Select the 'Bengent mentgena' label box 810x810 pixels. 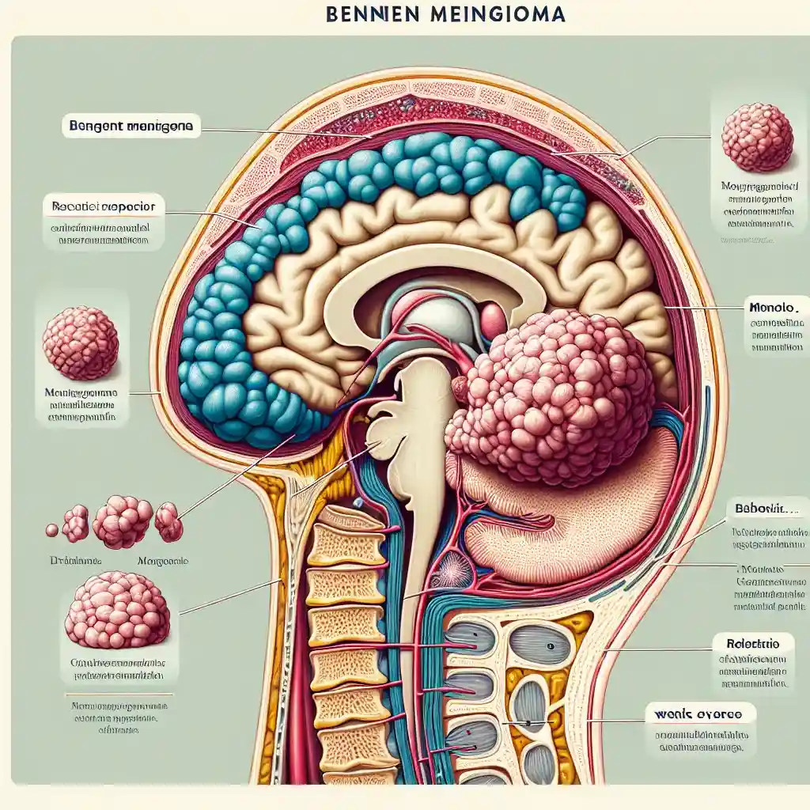tap(131, 125)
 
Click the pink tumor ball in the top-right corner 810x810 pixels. tap(757, 136)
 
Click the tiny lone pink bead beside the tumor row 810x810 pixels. tap(52, 529)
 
